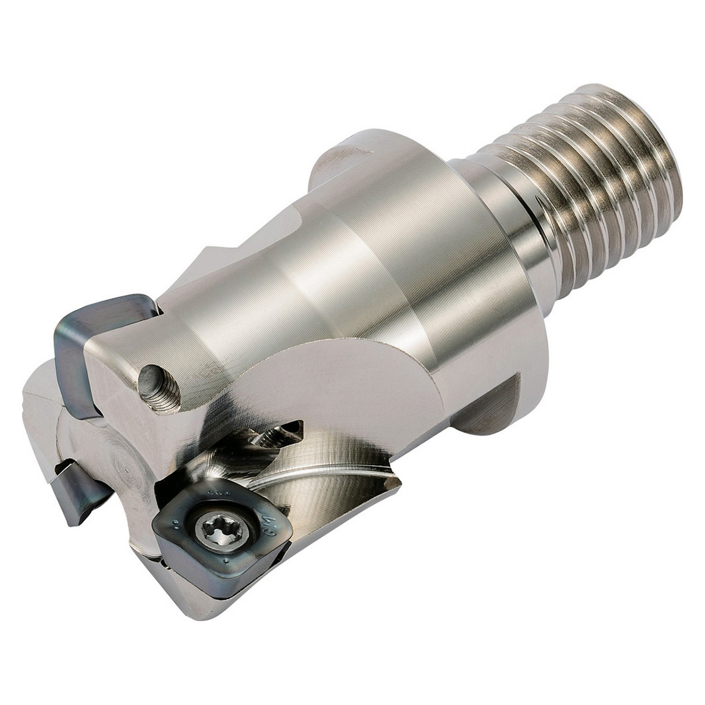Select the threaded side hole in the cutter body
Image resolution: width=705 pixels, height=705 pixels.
(159, 388)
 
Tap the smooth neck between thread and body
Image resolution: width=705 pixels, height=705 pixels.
(496, 209)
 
